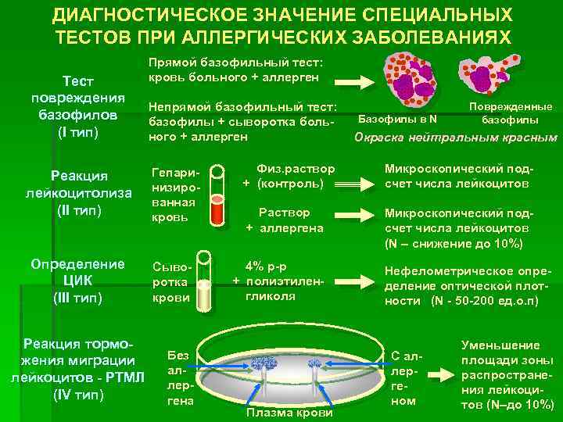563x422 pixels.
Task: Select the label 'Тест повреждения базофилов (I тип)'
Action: click(x=71, y=108)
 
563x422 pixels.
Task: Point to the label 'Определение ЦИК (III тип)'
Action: click(x=72, y=280)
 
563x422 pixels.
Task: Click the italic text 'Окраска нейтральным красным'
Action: click(x=456, y=138)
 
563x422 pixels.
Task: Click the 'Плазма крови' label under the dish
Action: click(x=289, y=412)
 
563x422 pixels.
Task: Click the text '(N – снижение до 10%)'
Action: click(x=454, y=244)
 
